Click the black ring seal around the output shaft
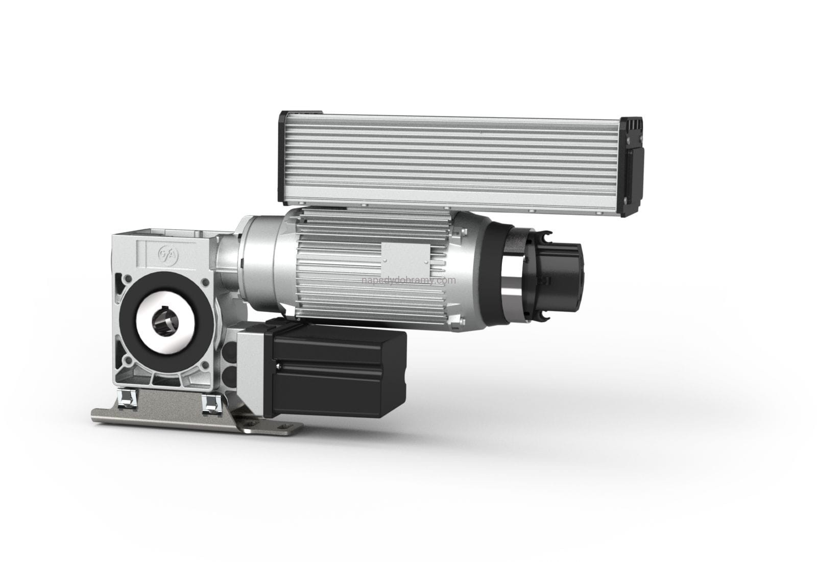tap(169, 322)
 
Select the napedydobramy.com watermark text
tap(408, 280)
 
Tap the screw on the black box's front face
tap(279, 365)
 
